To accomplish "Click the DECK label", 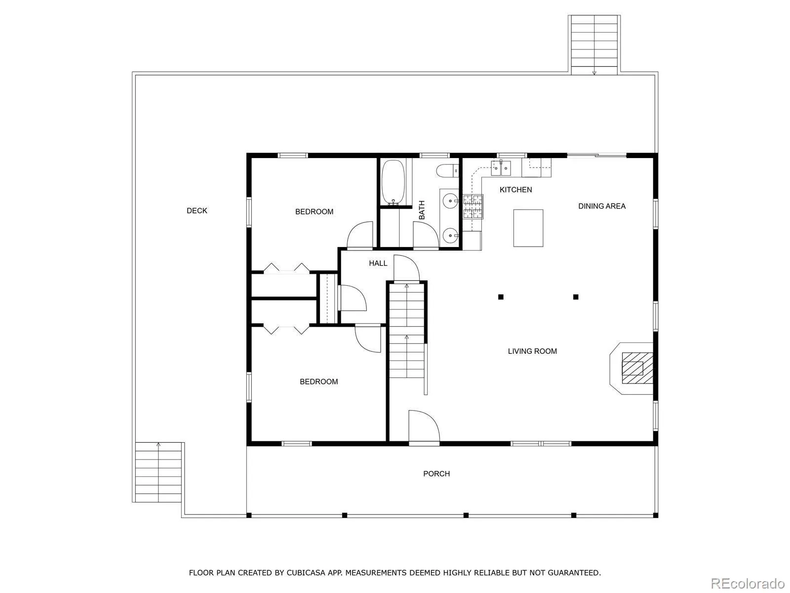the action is (x=197, y=211).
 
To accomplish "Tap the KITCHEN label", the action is (x=515, y=190).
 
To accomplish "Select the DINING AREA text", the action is (x=602, y=206).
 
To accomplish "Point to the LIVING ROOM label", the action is (x=532, y=351).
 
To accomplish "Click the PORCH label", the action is (x=436, y=474).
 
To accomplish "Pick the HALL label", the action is (x=378, y=263).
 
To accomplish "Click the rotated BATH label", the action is (x=422, y=210).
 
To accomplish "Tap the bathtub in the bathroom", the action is (x=394, y=182).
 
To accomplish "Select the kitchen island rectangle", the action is (x=528, y=228).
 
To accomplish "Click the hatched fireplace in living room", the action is (x=637, y=368).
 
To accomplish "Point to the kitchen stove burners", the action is (x=473, y=207).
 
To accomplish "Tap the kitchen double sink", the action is (x=501, y=168).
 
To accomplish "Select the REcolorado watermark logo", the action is (x=748, y=583).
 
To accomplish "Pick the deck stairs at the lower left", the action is (x=158, y=472).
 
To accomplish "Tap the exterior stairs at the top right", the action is (x=594, y=45).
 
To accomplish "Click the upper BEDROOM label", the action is (x=314, y=212).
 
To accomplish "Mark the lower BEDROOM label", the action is (x=319, y=381).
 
